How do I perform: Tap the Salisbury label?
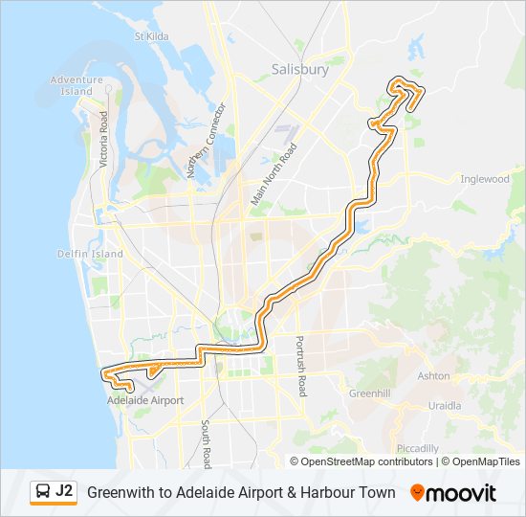(299, 70)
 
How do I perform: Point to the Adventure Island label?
(76, 85)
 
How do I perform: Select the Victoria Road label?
(104, 141)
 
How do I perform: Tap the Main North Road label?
(274, 174)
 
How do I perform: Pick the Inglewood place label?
(485, 179)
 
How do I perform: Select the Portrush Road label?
(299, 366)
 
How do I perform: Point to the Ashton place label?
(433, 376)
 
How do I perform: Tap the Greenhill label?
(368, 393)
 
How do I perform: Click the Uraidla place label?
(445, 406)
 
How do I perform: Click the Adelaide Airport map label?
(145, 400)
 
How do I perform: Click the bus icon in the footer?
(43, 492)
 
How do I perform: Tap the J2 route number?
(64, 491)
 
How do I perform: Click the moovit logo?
(453, 493)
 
